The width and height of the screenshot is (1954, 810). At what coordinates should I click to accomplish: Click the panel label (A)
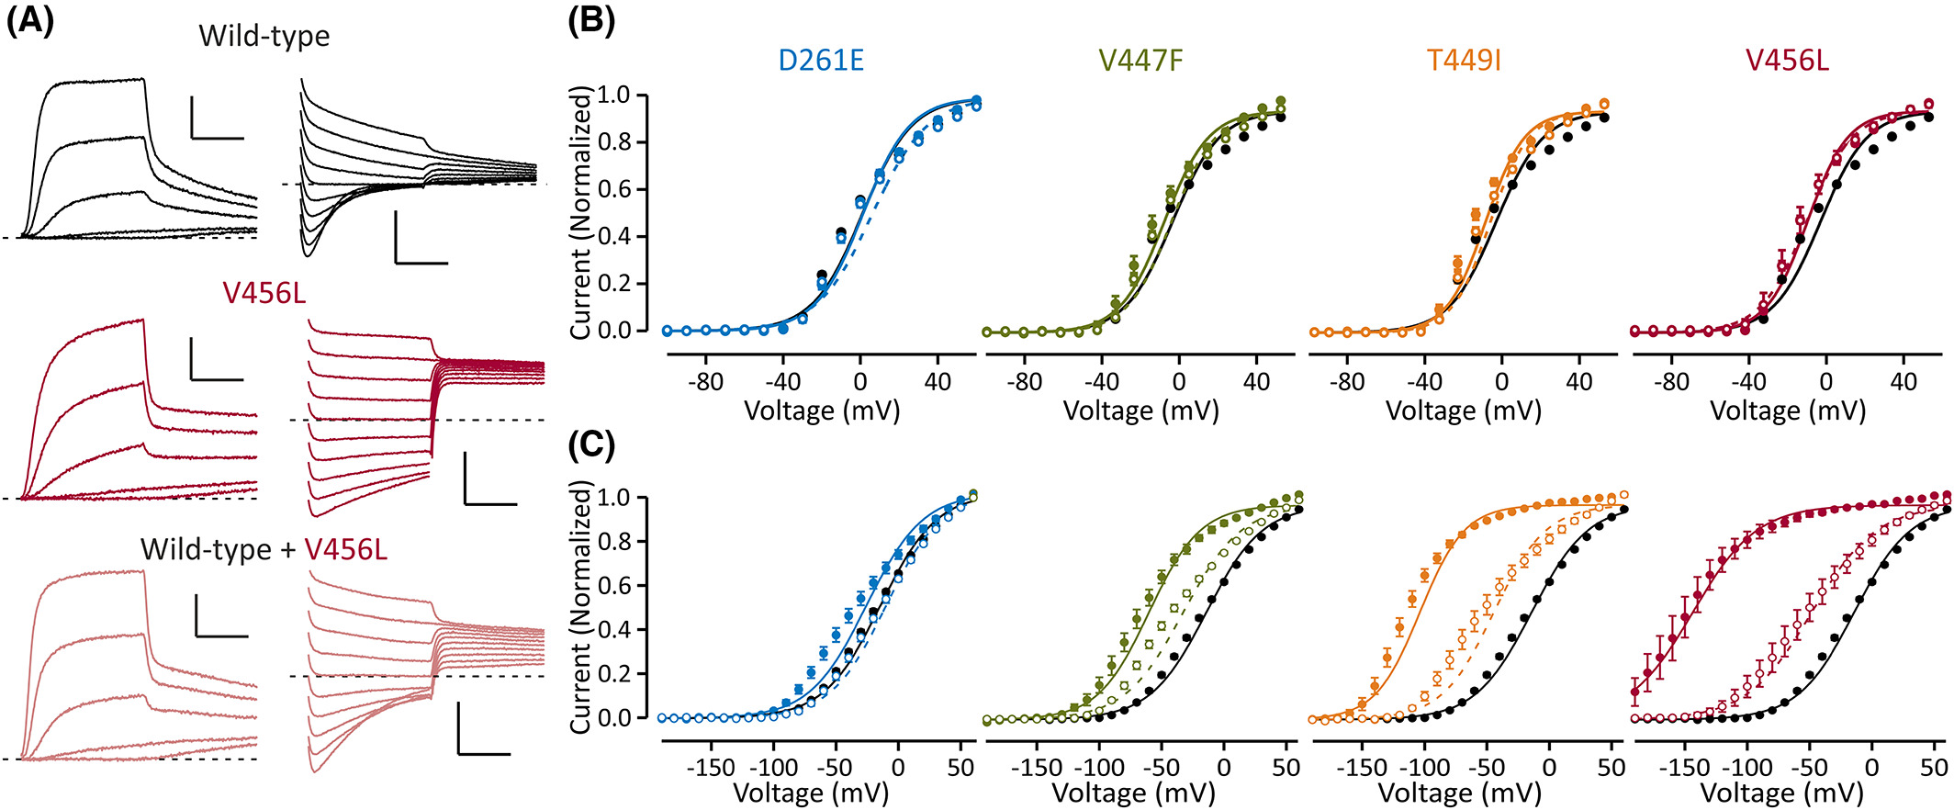tap(30, 21)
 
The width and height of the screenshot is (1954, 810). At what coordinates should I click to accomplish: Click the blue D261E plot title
tap(821, 61)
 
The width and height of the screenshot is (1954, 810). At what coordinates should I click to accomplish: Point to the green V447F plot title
tap(1140, 61)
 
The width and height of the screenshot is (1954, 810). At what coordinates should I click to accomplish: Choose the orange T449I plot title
tap(1464, 61)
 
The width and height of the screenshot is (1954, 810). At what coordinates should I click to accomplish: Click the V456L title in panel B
tap(1787, 61)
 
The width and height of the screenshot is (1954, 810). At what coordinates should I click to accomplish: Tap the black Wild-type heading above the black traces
tap(264, 37)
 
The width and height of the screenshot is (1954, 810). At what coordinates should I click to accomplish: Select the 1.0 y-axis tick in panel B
tap(614, 96)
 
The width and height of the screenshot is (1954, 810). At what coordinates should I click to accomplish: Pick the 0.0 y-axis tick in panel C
tap(614, 718)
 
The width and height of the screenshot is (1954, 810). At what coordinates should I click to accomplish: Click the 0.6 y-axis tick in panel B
tap(614, 190)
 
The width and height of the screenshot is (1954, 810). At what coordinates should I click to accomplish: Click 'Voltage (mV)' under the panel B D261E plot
tap(822, 411)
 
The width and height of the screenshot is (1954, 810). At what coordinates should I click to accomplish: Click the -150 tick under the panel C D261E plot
tap(712, 768)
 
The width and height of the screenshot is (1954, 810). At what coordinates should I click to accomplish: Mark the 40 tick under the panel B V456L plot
tap(1903, 381)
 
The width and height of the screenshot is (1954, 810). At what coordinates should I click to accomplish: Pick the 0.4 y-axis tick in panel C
tap(614, 630)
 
